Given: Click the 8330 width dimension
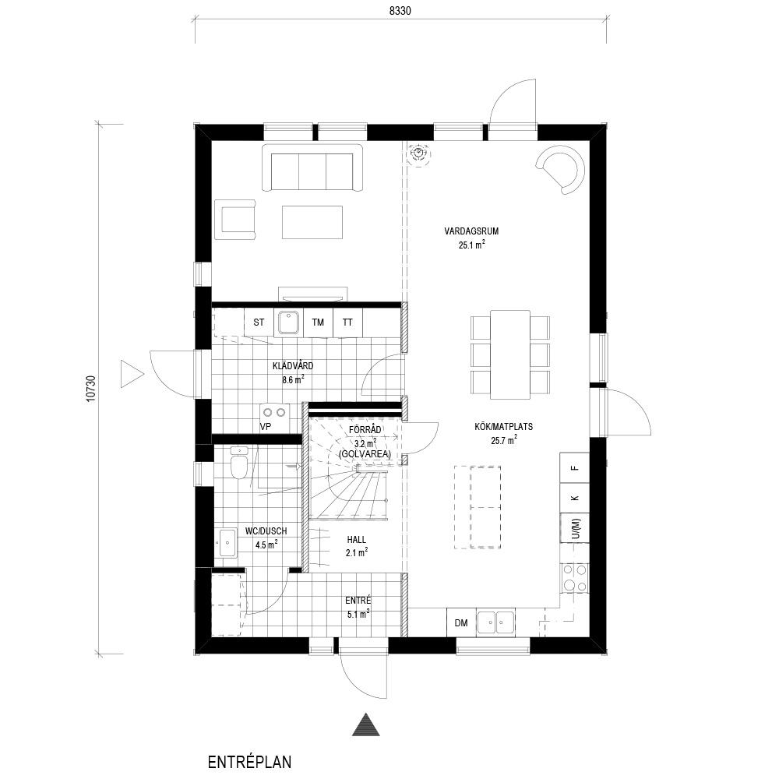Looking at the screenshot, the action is coord(400,11).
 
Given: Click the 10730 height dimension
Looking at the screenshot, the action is coord(90,388).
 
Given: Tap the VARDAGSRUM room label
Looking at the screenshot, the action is coord(471,231).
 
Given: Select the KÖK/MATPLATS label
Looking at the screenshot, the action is coord(504,426).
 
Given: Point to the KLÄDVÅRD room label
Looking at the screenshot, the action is coord(293,366).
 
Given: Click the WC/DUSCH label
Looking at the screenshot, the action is coord(266,531).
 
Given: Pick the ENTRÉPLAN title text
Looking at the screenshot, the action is coord(249,762).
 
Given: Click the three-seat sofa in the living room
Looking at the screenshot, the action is coord(312,167).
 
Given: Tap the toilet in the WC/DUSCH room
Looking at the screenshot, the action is coord(239,463).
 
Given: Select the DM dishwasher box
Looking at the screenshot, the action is coord(461,622).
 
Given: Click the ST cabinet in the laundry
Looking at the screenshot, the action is coord(259,323).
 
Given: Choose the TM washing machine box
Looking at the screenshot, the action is coord(318,323).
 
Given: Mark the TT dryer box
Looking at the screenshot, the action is coord(347,323).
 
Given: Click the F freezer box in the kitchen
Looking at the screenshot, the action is coord(575,467).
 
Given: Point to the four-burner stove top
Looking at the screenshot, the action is coord(575,578).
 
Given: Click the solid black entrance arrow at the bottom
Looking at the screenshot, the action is coord(366,724).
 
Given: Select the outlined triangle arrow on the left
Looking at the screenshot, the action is coord(131,374).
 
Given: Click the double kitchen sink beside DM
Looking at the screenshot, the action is coord(495,622).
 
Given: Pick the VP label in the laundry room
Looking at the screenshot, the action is coord(266,426).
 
